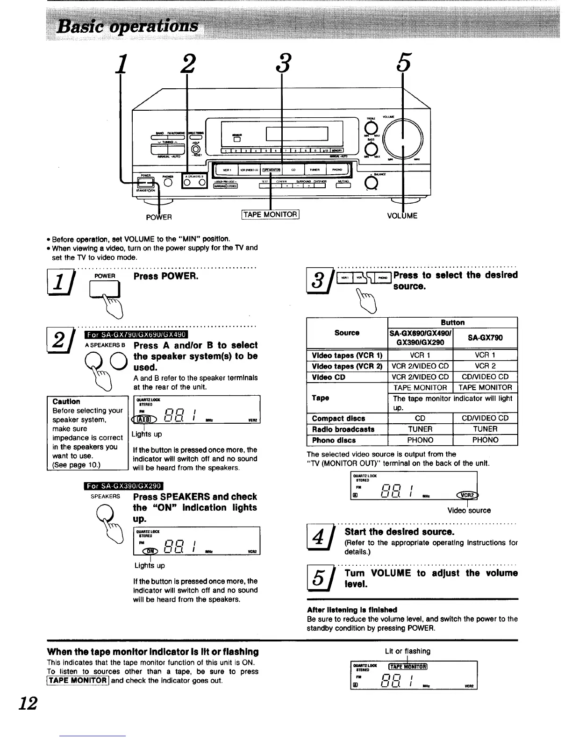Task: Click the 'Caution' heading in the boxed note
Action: click(x=66, y=401)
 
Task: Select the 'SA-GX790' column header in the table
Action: click(x=485, y=337)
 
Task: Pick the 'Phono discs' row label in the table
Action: click(x=334, y=440)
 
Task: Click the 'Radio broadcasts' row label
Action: click(x=343, y=429)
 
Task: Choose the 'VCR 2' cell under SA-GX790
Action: click(x=485, y=366)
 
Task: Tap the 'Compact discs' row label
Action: click(x=338, y=419)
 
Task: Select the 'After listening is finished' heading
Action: click(x=352, y=610)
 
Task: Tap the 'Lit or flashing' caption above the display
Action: click(x=408, y=651)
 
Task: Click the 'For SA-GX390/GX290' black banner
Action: click(x=122, y=485)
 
